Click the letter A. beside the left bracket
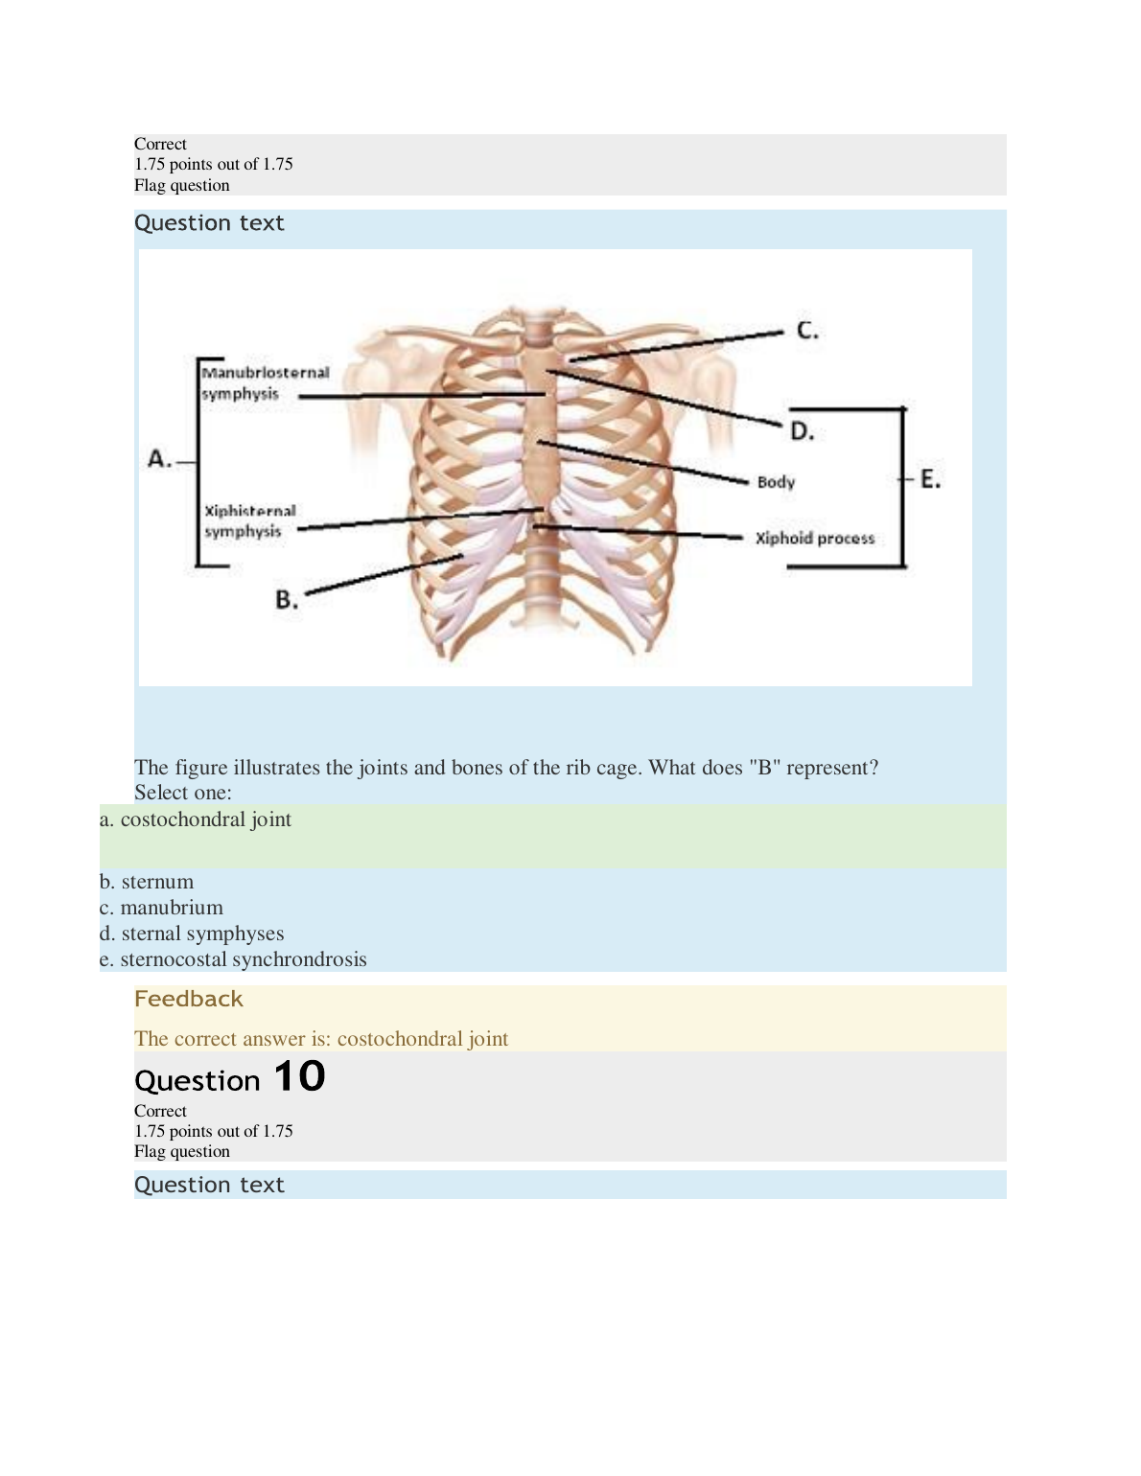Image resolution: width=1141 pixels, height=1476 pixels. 159,459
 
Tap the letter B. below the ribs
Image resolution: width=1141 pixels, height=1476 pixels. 287,600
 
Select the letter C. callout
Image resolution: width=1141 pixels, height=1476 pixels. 807,331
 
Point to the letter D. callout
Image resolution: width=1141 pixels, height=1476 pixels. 802,431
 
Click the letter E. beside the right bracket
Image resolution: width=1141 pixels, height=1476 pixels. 930,478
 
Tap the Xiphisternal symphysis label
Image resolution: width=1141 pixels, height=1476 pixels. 249,521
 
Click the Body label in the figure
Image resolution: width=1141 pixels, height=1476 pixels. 776,482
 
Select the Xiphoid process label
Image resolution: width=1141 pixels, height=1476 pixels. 815,539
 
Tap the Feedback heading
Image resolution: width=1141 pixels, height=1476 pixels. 189,999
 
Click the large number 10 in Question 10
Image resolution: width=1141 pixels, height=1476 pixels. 299,1076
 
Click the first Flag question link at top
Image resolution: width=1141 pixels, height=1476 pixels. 182,185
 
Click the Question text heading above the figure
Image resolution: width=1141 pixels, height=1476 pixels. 209,223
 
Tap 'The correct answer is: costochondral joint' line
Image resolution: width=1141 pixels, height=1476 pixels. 321,1039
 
